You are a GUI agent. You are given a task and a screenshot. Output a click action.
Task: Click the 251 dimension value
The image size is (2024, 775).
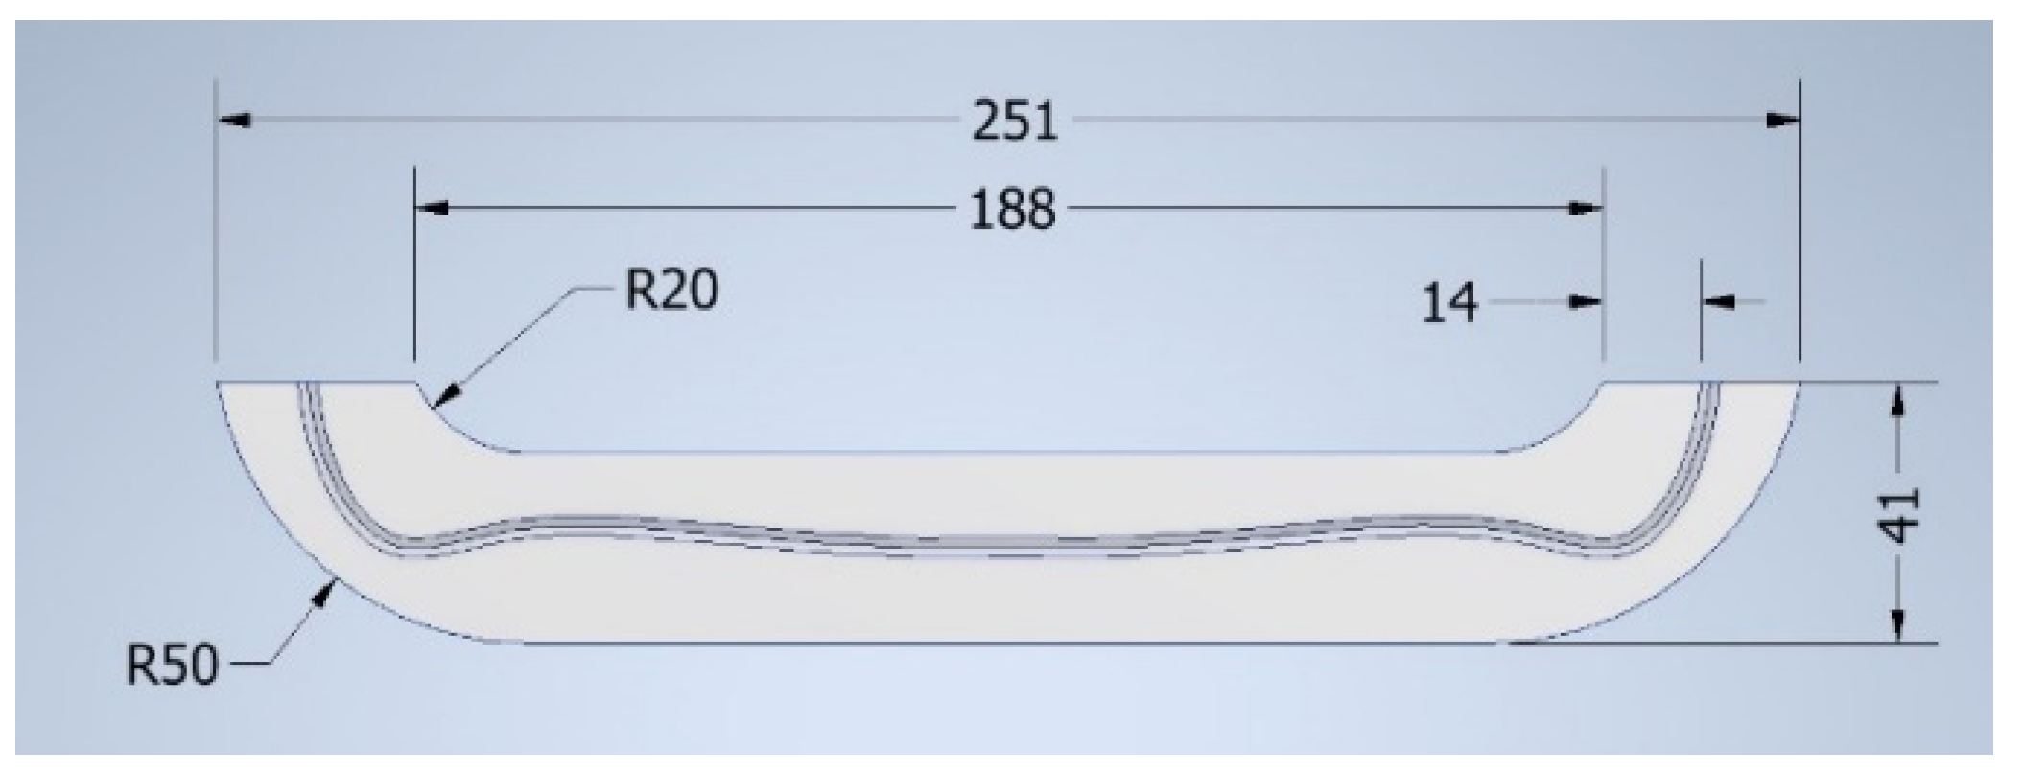pos(1014,123)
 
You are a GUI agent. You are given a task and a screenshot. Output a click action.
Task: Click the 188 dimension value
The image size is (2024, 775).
pos(1012,209)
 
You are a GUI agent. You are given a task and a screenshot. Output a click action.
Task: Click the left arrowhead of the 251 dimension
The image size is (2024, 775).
pos(235,121)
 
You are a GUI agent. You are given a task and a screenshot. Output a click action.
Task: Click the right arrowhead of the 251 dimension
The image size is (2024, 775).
pos(1782,120)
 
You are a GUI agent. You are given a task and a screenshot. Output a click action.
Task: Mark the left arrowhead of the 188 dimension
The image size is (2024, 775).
pos(435,208)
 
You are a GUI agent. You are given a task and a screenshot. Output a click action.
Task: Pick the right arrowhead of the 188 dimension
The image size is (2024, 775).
pos(1585,208)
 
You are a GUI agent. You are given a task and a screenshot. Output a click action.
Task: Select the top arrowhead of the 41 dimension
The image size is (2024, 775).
pos(1896,401)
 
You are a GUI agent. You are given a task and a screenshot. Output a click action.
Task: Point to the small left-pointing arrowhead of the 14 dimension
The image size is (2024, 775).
pos(1720,302)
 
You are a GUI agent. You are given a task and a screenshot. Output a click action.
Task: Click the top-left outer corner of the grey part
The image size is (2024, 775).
pos(220,383)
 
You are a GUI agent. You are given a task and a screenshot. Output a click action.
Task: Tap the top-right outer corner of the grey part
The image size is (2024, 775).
pos(1798,383)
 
